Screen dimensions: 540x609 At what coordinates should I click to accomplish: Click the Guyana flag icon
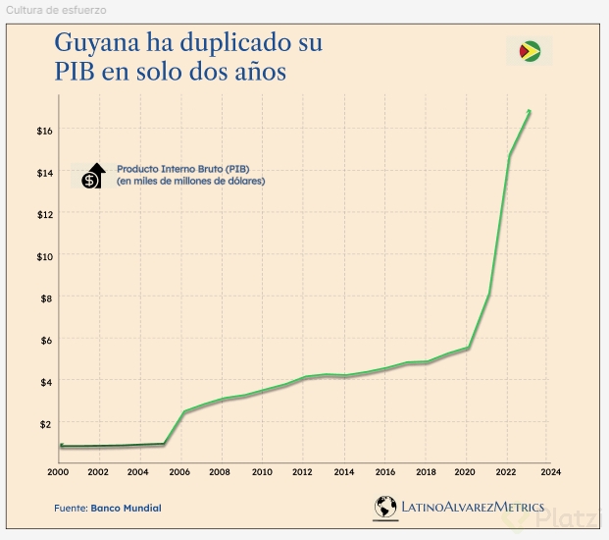point(530,51)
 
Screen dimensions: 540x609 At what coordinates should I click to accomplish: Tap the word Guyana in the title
point(99,45)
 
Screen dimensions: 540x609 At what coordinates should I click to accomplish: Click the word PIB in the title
point(76,74)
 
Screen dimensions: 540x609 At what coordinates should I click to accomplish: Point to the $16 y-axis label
point(44,131)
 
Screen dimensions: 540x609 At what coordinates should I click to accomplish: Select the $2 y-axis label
point(44,424)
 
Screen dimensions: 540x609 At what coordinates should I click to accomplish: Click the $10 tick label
point(44,256)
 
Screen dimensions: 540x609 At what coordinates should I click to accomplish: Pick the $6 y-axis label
point(44,340)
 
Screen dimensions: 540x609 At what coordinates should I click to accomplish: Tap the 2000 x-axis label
point(58,472)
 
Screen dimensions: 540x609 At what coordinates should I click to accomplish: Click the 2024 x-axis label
point(550,472)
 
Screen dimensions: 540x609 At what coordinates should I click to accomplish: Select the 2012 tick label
point(304,472)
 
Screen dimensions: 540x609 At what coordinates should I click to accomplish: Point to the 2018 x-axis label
point(427,472)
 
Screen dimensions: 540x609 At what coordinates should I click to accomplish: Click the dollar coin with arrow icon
point(92,176)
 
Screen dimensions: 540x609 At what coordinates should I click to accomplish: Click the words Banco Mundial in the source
point(127,508)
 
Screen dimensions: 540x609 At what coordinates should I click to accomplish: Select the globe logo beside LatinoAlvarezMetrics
point(385,507)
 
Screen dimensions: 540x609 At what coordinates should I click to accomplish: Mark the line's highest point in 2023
point(530,111)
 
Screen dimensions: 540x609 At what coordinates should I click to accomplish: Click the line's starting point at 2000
point(61,447)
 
